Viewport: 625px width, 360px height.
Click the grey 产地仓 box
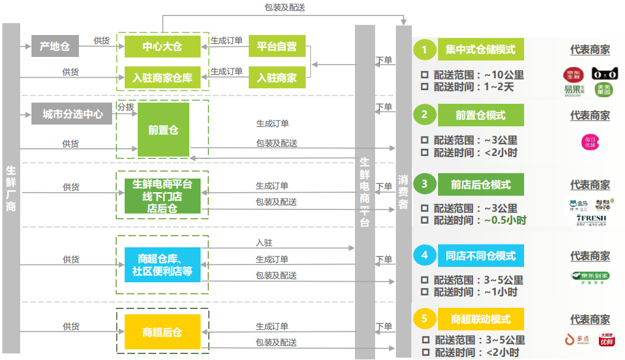pyautogui.click(x=55, y=46)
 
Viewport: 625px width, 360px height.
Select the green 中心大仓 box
pyautogui.click(x=162, y=46)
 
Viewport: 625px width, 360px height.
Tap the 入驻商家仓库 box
pyautogui.click(x=162, y=77)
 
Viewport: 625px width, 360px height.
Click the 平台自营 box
pyautogui.click(x=277, y=46)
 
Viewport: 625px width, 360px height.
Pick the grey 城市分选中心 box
pyautogui.click(x=72, y=114)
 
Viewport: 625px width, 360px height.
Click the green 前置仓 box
pyautogui.click(x=163, y=130)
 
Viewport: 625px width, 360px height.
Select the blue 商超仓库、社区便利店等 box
pyautogui.click(x=162, y=265)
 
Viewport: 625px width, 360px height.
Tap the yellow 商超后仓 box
pyautogui.click(x=162, y=332)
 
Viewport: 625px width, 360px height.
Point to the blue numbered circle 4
pyautogui.click(x=424, y=256)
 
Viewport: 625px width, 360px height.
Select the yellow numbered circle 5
pyautogui.click(x=424, y=319)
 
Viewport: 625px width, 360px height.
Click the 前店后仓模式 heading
pyautogui.click(x=481, y=184)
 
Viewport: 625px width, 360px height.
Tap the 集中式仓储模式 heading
pyautogui.click(x=481, y=50)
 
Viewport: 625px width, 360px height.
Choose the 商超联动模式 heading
pyautogui.click(x=481, y=319)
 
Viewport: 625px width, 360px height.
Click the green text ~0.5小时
pyautogui.click(x=505, y=220)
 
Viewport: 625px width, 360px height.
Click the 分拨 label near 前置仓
pyautogui.click(x=125, y=107)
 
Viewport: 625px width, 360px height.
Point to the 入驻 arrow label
pyautogui.click(x=264, y=243)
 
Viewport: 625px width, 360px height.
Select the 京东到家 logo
pyautogui.click(x=589, y=277)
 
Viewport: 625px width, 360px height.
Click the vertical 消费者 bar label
pyautogui.click(x=404, y=191)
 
